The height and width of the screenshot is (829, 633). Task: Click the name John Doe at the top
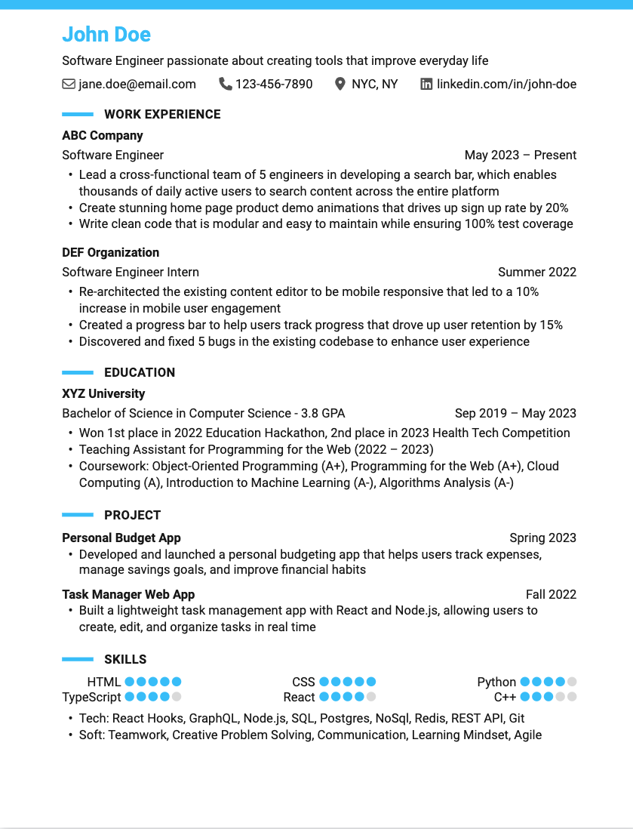[x=106, y=35]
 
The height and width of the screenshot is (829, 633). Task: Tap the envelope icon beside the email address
[x=69, y=84]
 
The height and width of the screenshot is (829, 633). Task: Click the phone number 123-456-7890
[x=274, y=84]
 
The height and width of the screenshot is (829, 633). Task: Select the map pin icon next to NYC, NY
[x=340, y=84]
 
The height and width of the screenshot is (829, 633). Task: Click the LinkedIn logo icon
[x=426, y=84]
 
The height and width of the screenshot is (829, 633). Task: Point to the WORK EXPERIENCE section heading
[x=162, y=115]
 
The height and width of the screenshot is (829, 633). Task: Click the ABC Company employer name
[x=103, y=136]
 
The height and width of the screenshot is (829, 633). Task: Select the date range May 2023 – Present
[x=521, y=156]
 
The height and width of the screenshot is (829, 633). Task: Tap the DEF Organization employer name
[x=111, y=252]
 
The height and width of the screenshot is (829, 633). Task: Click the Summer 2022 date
[x=537, y=272]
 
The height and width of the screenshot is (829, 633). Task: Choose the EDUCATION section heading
[x=140, y=372]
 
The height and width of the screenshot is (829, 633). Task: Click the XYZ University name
[x=103, y=393]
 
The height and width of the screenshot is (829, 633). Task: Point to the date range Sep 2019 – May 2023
[x=515, y=413]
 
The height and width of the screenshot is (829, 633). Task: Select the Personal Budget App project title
[x=121, y=538]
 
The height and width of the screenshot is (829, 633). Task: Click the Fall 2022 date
[x=551, y=594]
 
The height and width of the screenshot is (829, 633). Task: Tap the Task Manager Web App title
[x=128, y=594]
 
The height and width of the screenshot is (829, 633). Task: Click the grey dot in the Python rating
[x=572, y=682]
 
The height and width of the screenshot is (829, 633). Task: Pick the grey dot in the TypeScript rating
[x=177, y=697]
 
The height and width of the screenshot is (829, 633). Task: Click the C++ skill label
[x=505, y=697]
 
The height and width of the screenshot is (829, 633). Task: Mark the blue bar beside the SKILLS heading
[x=78, y=659]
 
